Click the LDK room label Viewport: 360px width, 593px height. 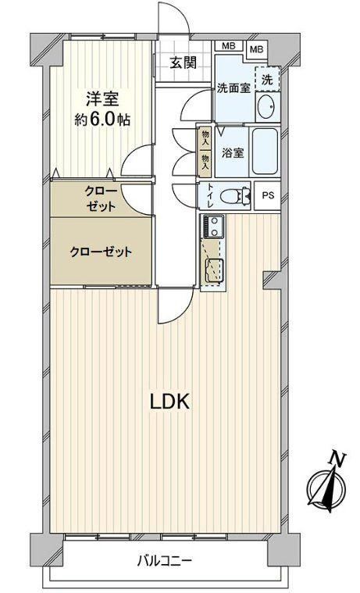coord(169,402)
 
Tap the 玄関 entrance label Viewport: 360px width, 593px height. coord(183,63)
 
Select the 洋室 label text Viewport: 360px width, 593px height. coord(102,99)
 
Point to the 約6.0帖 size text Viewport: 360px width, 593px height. coord(102,120)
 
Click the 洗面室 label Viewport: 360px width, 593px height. coord(233,88)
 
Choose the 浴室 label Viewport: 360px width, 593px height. coord(233,153)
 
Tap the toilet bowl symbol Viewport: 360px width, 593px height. coord(234,196)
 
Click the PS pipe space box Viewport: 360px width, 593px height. coord(268,196)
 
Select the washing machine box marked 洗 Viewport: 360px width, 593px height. coord(268,79)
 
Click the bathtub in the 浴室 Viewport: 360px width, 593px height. coord(265,152)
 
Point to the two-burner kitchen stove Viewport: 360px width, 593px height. coord(214,227)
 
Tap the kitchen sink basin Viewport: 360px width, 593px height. coord(213,271)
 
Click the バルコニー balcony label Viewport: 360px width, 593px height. coord(165,560)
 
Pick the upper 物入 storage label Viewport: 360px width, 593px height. coord(205,138)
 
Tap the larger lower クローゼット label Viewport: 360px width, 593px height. coord(101,252)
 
